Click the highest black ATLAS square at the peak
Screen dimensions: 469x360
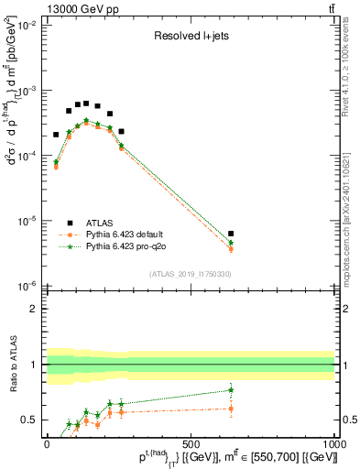click(x=86, y=103)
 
